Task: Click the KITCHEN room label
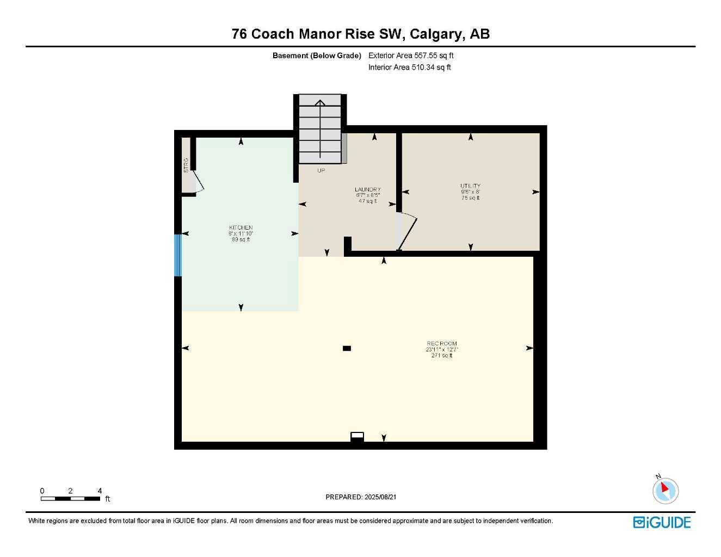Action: coord(241,227)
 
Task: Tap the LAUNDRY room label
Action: coord(368,189)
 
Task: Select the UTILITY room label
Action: coord(470,186)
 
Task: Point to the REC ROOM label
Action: coord(442,344)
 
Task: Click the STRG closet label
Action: coord(186,165)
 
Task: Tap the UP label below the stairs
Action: coord(321,171)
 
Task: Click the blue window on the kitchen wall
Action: coord(177,255)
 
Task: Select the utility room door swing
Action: coord(406,232)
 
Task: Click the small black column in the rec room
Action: coord(347,349)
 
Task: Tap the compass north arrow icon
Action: coord(665,490)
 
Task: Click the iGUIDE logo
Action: coord(662,522)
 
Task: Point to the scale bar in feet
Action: coord(71,498)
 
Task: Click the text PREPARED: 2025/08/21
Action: coord(361,497)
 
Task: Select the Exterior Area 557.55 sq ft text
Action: coord(411,55)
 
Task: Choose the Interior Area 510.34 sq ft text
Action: coord(409,67)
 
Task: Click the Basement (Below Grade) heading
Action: coord(317,55)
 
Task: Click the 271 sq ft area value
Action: coord(441,356)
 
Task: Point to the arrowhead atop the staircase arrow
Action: coord(320,102)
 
